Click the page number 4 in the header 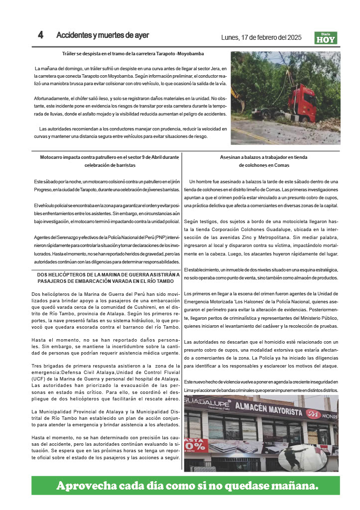coord(40,35)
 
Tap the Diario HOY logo coord(326,38)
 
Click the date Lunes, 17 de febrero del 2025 coord(261,37)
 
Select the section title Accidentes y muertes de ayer coord(103,35)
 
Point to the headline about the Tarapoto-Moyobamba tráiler coord(133,53)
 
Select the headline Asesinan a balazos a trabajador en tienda coord(264,157)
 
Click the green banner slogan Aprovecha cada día coord(187,485)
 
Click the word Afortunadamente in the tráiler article coord(52,99)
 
